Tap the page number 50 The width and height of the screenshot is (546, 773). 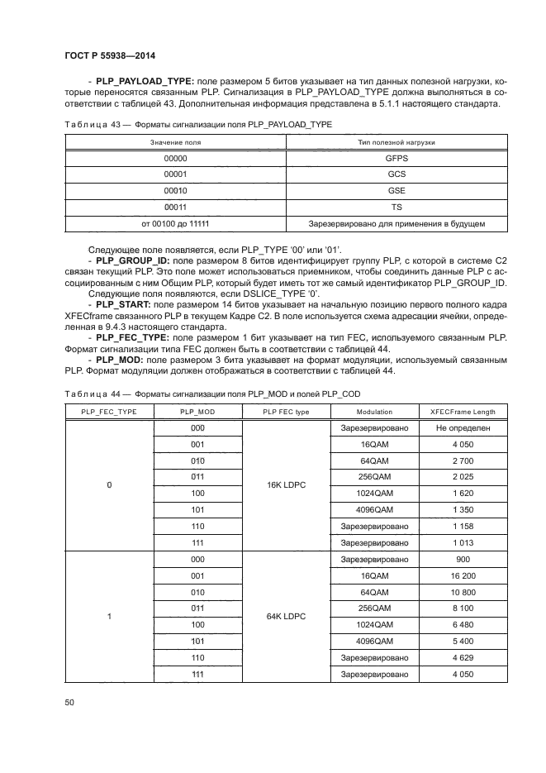click(x=69, y=702)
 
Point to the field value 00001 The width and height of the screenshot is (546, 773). click(x=175, y=174)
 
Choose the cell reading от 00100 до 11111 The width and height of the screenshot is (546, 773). click(x=175, y=223)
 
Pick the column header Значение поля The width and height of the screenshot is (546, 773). click(x=175, y=142)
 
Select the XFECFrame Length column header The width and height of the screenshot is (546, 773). click(x=463, y=412)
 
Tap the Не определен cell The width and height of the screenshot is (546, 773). click(x=463, y=427)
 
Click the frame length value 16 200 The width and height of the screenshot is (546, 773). click(x=463, y=575)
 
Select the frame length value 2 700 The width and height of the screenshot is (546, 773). click(x=463, y=460)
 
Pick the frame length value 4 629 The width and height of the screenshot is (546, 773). click(x=463, y=657)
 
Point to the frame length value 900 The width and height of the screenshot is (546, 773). click(x=463, y=559)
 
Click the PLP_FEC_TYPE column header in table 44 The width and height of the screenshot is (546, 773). click(x=108, y=412)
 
